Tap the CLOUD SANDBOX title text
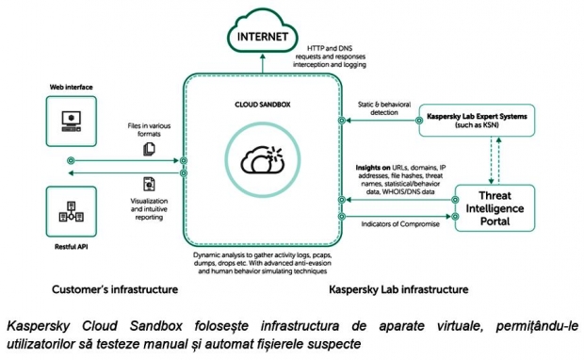click(x=263, y=105)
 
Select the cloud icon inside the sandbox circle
click(x=263, y=160)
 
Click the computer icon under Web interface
click(x=72, y=122)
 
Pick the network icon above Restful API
click(x=72, y=212)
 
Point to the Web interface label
click(x=72, y=88)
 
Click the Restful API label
click(x=72, y=247)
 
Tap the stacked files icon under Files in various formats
click(x=149, y=149)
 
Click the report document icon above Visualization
click(x=149, y=184)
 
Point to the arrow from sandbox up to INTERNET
click(x=263, y=63)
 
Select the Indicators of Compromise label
click(x=400, y=224)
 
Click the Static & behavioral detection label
click(x=384, y=108)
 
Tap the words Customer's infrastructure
click(x=115, y=289)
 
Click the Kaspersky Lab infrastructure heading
click(x=398, y=289)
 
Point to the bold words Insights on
click(x=373, y=168)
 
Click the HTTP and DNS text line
click(x=330, y=48)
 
